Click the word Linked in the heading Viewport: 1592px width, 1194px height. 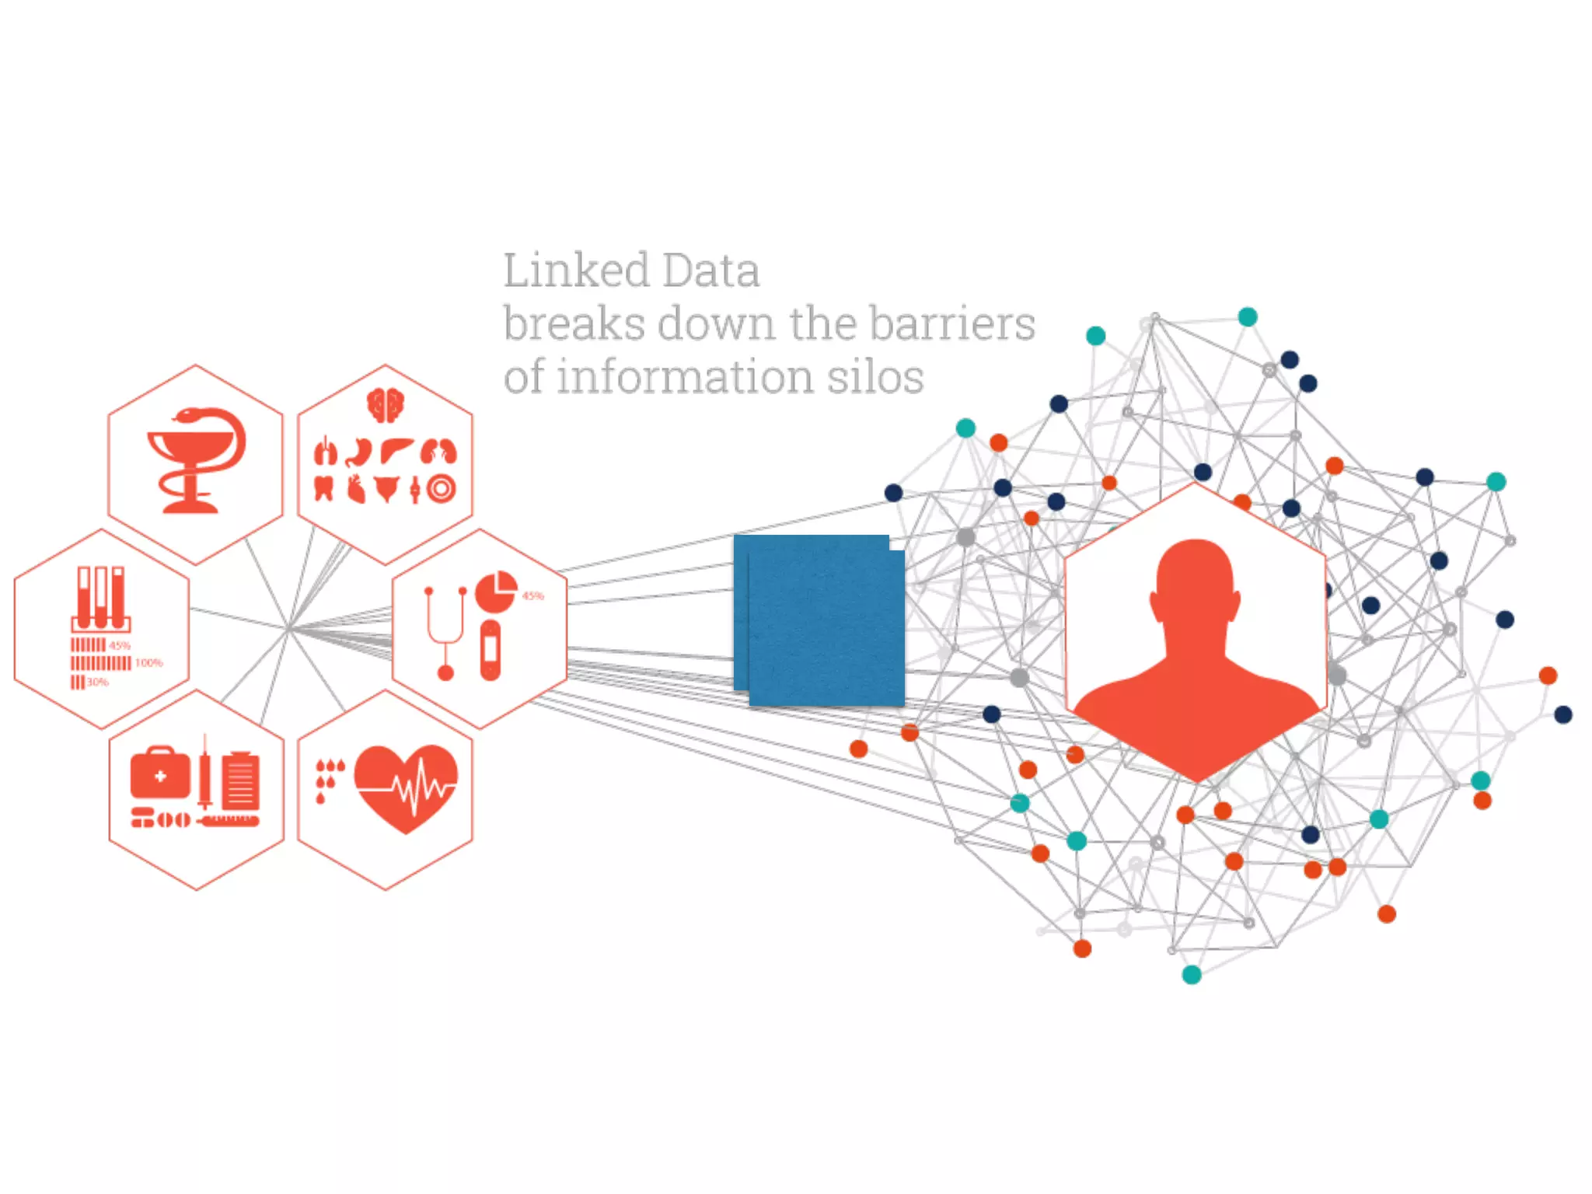(576, 271)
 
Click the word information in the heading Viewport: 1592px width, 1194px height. (685, 377)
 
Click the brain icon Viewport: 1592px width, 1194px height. (386, 405)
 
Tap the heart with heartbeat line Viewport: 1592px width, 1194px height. (406, 787)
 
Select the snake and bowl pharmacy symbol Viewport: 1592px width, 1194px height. (196, 460)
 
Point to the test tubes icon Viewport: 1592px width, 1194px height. (100, 598)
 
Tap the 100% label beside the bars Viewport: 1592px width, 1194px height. (148, 663)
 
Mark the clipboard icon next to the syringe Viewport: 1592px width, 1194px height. (241, 781)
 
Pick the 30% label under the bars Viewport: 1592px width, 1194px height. (97, 683)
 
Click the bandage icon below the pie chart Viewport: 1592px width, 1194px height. (491, 650)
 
